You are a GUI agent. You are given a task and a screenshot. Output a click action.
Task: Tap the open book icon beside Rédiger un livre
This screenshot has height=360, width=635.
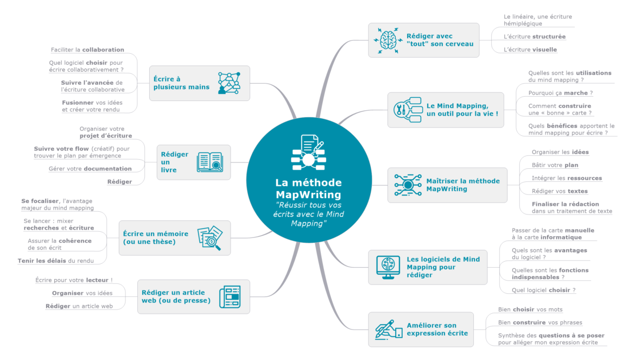209,162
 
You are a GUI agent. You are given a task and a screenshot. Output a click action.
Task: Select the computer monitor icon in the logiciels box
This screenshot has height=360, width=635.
388,267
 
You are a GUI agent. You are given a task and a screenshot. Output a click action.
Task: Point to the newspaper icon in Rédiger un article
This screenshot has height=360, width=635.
230,297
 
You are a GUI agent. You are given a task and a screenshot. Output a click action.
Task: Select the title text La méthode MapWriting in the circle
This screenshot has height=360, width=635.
308,188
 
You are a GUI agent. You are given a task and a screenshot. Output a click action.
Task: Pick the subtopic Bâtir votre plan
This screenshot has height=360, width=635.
555,165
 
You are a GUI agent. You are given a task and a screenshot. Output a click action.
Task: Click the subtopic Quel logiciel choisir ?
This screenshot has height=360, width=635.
543,290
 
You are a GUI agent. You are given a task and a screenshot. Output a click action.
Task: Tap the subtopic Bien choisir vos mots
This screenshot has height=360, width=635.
530,310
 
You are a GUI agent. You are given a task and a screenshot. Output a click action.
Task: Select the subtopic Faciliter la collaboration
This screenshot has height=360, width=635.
87,49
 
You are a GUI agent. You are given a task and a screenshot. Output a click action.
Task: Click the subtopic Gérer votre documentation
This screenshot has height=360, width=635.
90,169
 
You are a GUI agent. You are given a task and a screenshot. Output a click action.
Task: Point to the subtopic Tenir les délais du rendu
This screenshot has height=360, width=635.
55,261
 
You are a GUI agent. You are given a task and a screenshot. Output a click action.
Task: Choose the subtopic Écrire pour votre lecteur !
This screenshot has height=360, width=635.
74,280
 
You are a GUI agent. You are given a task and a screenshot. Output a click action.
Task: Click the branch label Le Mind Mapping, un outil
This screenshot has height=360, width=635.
462,110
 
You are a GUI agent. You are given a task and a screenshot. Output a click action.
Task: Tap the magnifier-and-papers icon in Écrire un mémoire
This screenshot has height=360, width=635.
209,238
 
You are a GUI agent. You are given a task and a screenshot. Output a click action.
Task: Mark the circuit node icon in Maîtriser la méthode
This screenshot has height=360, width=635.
408,185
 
